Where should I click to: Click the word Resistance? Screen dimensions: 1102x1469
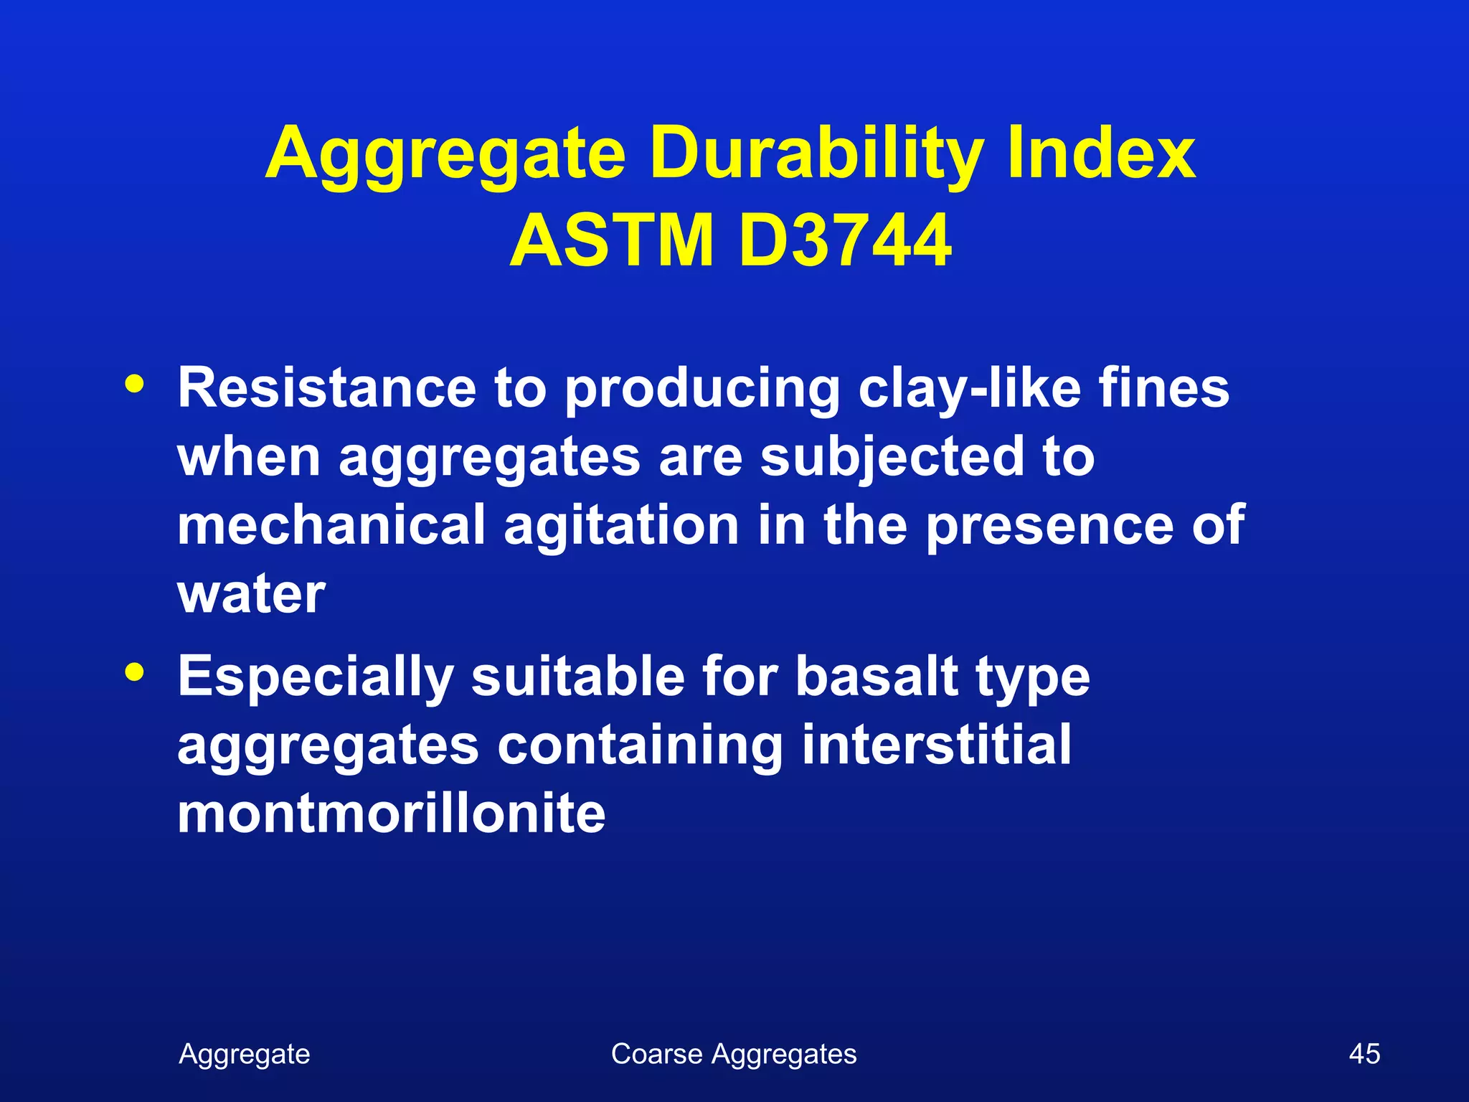click(x=327, y=388)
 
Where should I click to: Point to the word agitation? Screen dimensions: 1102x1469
click(x=621, y=524)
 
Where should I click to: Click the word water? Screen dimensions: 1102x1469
click(x=252, y=593)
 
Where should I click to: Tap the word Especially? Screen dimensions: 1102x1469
click(x=316, y=676)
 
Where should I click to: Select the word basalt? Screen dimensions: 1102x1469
click(x=877, y=676)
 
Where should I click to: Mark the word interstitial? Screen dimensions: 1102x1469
click(x=936, y=744)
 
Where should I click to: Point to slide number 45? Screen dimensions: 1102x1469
click(x=1364, y=1054)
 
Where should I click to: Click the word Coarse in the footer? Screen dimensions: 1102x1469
click(x=656, y=1054)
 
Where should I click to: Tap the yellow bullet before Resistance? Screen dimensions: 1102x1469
click(x=134, y=382)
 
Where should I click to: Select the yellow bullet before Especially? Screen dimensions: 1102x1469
click(x=134, y=672)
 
